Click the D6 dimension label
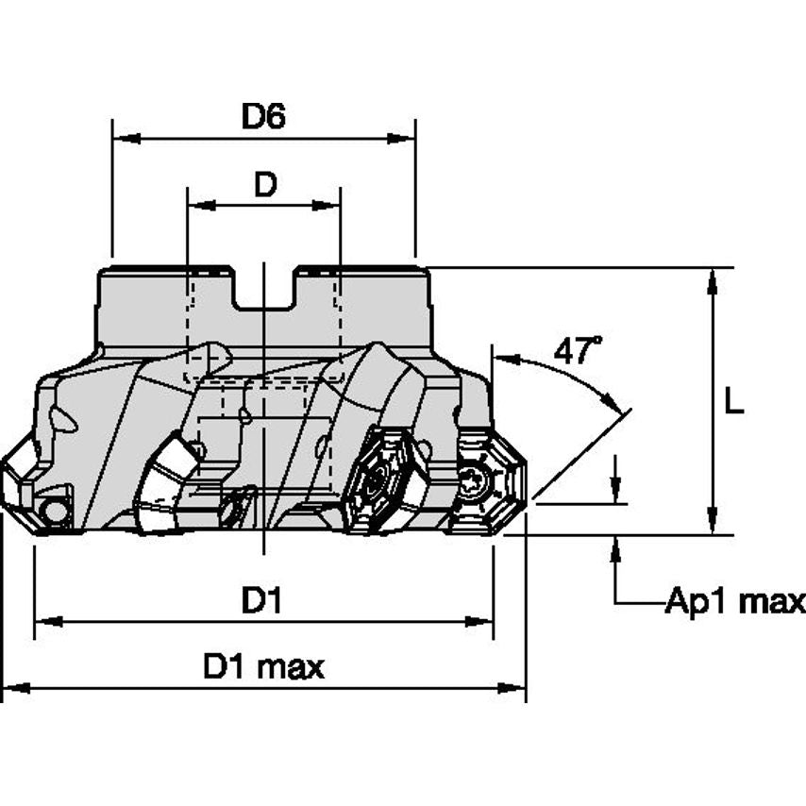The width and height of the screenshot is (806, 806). (263, 116)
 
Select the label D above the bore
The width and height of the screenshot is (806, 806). (265, 185)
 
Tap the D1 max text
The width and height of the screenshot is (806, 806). (263, 667)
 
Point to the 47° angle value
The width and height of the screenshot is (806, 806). (578, 351)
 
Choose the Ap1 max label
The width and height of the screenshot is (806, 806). (735, 601)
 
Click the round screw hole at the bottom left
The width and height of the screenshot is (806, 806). (55, 512)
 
